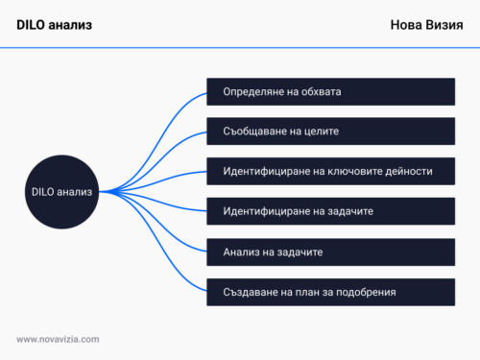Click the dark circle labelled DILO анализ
[x=61, y=191]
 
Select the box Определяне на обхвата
[x=330, y=92]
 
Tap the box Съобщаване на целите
[x=330, y=131]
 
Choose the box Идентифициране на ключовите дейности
[x=330, y=171]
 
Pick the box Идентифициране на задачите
[x=330, y=210]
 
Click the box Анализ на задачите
[x=330, y=251]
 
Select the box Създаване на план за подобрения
[x=330, y=291]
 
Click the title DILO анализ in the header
[x=55, y=25]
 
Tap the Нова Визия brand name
[x=426, y=25]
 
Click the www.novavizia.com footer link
[x=58, y=338]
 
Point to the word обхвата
[x=320, y=92]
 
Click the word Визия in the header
[x=444, y=25]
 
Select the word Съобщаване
[x=255, y=131]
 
